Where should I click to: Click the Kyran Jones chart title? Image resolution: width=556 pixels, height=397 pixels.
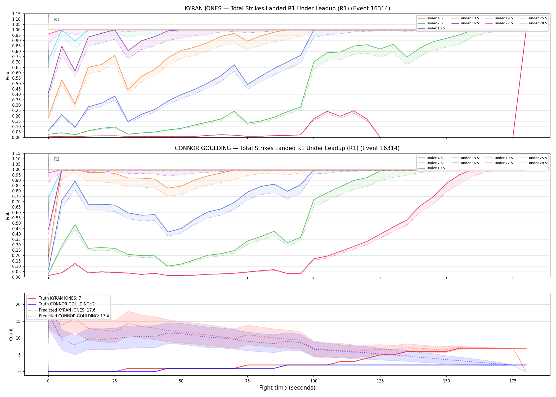click(x=287, y=8)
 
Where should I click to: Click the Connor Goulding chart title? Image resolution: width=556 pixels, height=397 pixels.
click(x=287, y=148)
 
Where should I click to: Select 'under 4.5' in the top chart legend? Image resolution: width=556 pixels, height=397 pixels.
click(x=434, y=18)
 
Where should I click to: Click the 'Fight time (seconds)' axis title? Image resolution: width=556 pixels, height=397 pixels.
click(x=287, y=388)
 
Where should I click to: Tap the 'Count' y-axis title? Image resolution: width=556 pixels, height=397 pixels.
click(x=11, y=334)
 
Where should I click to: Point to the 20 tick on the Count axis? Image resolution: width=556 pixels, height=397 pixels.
click(x=18, y=304)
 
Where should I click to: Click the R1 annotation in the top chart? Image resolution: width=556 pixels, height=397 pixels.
click(x=57, y=20)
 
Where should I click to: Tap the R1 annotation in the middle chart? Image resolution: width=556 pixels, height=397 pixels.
click(x=57, y=159)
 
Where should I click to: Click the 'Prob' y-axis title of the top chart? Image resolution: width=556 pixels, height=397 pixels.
click(x=8, y=76)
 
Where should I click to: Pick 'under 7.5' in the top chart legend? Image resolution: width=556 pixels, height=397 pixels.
click(x=434, y=23)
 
